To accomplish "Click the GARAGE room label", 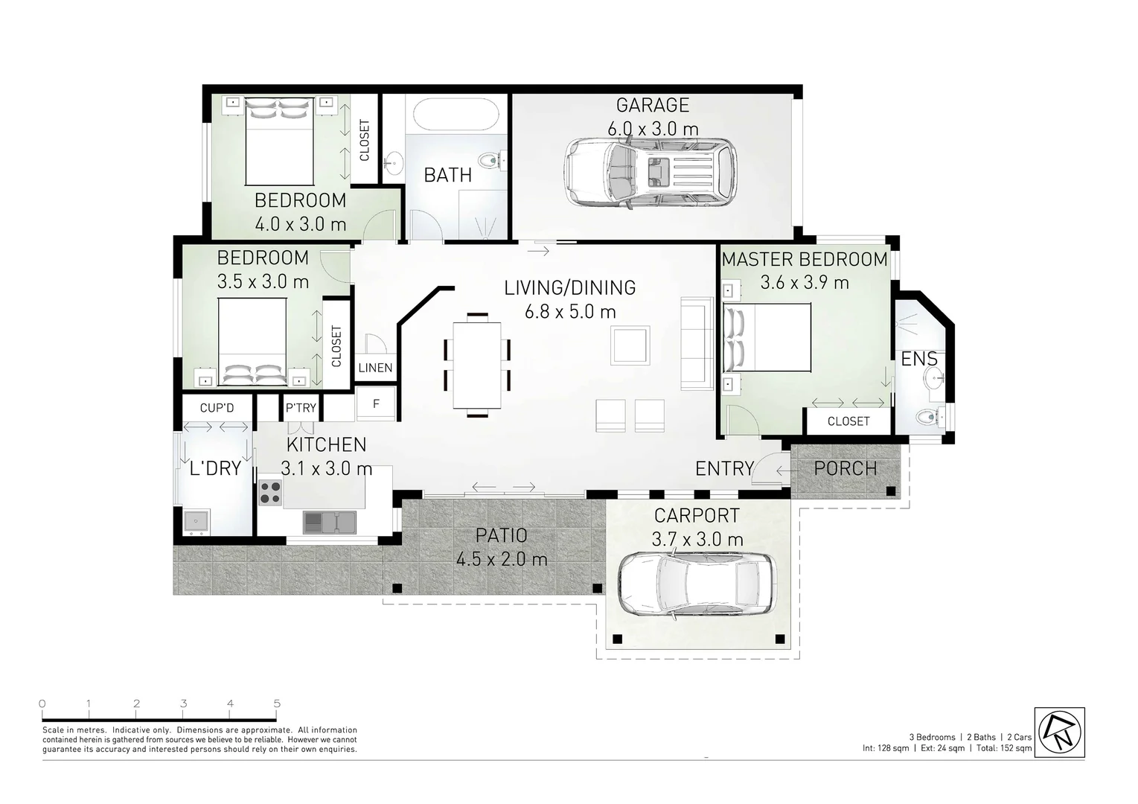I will [x=652, y=105].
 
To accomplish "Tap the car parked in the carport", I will [x=697, y=586].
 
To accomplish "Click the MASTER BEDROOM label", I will [x=804, y=260].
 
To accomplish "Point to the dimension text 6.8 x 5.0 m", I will [x=570, y=312].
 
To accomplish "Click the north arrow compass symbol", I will [x=1059, y=732].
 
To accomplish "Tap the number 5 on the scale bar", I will [x=277, y=703].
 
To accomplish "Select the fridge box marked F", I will [x=376, y=404].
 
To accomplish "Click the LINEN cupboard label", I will [x=375, y=368].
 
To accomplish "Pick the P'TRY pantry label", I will [x=301, y=408].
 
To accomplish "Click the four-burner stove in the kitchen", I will [x=270, y=493].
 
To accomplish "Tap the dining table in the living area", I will [x=477, y=365].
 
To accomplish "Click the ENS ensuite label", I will [x=919, y=360].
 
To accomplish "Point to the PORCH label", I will [x=845, y=469].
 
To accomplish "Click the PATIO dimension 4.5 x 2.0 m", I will [x=502, y=559].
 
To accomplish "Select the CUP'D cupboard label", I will [x=217, y=408].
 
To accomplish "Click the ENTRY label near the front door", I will [x=724, y=469].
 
